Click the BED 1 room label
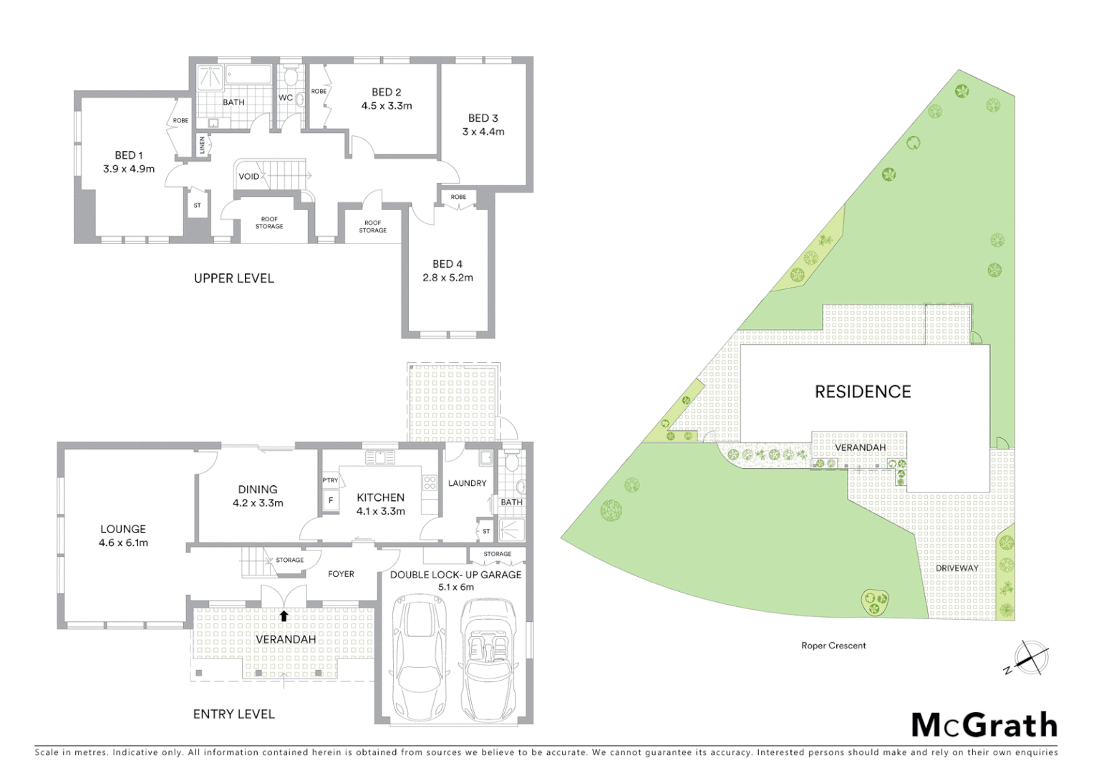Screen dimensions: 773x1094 coord(129,155)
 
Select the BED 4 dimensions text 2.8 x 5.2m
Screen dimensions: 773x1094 coord(447,278)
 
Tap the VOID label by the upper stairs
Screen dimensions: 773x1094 coord(248,177)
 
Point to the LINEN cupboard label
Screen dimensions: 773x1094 coord(202,145)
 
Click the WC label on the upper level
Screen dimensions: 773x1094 coord(285,98)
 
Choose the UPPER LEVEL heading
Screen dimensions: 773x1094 coord(233,278)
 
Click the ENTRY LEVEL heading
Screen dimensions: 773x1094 coord(233,714)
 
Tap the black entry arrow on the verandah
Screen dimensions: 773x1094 coord(284,616)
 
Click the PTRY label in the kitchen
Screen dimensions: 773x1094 coord(330,480)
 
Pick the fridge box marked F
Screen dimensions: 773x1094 coord(331,500)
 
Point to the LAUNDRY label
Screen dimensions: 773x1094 coord(467,483)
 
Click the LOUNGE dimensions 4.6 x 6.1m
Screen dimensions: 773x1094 coord(123,543)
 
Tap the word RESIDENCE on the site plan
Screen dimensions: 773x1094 coord(863,392)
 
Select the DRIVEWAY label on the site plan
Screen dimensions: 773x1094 coord(957,568)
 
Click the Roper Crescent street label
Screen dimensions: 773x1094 coord(833,646)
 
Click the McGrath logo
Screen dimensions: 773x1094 coord(984,725)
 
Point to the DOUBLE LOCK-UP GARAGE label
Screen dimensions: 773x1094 coord(455,575)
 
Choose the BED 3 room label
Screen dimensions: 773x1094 coord(483,118)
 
